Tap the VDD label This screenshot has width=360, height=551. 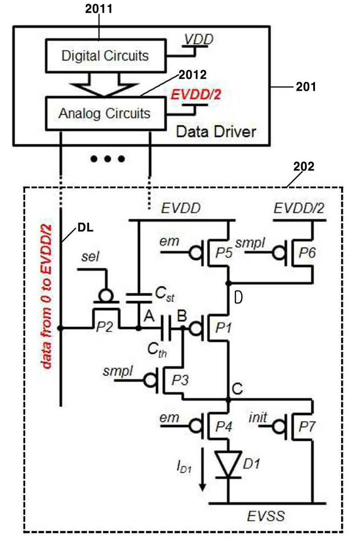[x=199, y=39]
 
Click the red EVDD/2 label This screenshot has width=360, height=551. [x=196, y=94]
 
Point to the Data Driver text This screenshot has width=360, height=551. [x=216, y=132]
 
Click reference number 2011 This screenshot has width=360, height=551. [x=99, y=9]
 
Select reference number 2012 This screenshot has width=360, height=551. [x=193, y=75]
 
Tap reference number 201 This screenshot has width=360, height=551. [x=306, y=87]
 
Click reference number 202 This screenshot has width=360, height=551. [x=304, y=166]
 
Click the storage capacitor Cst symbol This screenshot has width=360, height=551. [x=139, y=298]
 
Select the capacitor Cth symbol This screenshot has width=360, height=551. [x=166, y=328]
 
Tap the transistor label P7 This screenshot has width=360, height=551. [x=306, y=427]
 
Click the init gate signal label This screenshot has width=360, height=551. [x=258, y=417]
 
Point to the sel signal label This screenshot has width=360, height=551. [x=90, y=257]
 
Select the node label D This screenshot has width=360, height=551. [x=238, y=298]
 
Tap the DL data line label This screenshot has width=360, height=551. [x=85, y=228]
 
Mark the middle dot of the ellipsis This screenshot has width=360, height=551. [x=108, y=159]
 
